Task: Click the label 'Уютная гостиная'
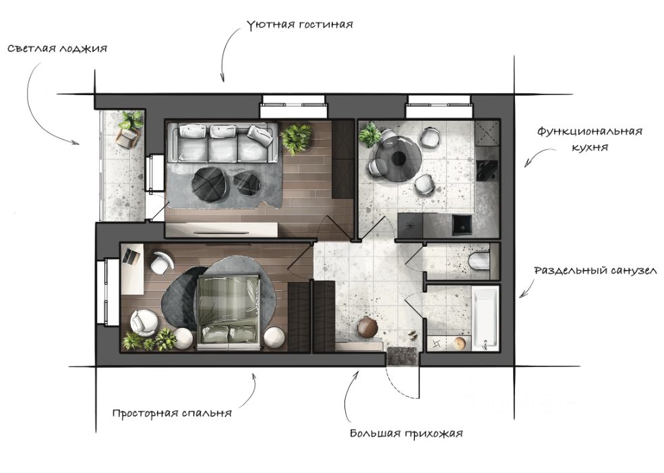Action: point(300,25)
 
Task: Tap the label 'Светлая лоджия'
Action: point(58,49)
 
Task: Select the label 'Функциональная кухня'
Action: point(589,139)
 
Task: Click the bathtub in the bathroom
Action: point(485,318)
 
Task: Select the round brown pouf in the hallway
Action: point(367,327)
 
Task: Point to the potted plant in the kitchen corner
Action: point(370,134)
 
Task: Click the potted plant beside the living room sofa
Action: point(296,138)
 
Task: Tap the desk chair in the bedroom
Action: point(160,262)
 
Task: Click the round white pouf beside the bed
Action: point(275,337)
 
